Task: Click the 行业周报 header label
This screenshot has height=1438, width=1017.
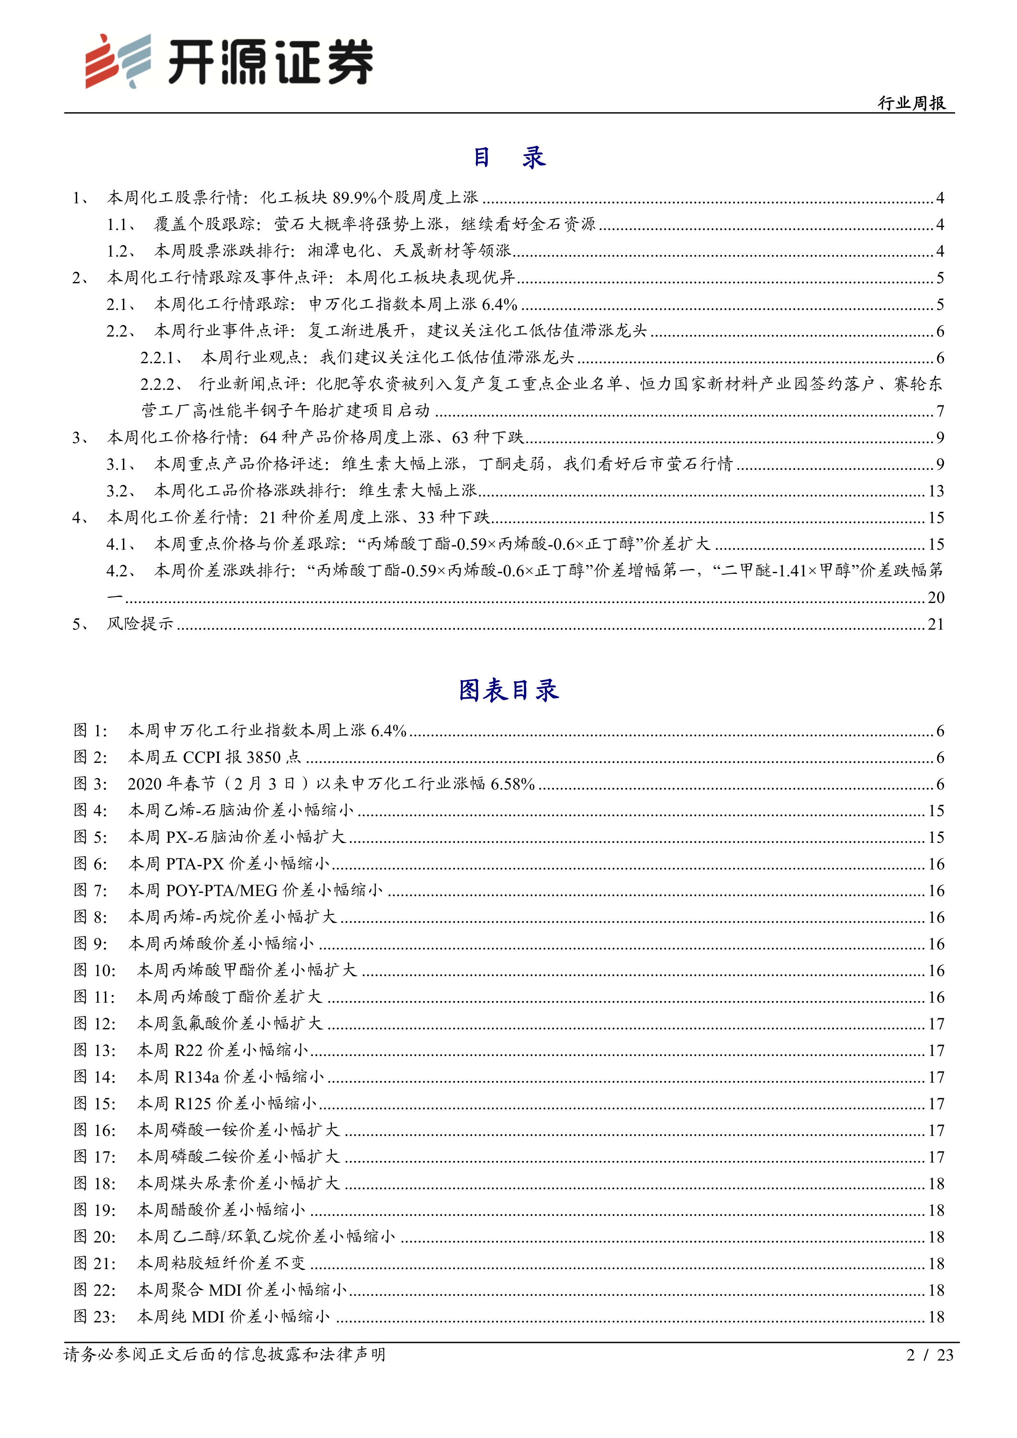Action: (911, 103)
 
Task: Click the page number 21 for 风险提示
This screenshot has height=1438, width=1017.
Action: (935, 624)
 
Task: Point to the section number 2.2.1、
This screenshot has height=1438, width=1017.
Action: (161, 357)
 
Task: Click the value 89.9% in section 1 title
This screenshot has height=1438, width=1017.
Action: (355, 198)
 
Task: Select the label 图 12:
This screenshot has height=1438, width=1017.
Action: (95, 1024)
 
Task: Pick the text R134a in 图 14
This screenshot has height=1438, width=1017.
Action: (197, 1076)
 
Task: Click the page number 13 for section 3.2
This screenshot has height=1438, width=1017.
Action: (935, 491)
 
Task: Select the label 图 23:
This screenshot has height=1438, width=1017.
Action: (95, 1317)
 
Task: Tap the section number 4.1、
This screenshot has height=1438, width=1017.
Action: (121, 544)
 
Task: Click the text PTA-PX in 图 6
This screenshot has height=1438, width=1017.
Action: (195, 864)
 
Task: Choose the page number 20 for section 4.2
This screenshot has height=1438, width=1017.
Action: (935, 598)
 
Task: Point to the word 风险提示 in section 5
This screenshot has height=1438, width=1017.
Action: (140, 624)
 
